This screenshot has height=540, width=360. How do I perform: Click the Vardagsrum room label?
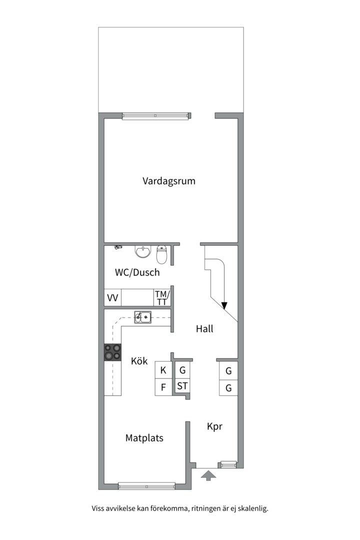(x=168, y=181)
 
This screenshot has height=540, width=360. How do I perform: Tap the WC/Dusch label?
(x=137, y=272)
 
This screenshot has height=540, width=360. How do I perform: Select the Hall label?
(x=204, y=328)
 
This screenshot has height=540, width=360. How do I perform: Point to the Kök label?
(x=139, y=361)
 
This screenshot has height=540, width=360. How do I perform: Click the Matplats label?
(x=144, y=438)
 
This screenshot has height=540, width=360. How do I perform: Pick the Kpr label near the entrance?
(x=214, y=426)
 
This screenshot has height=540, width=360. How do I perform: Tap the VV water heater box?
(x=113, y=298)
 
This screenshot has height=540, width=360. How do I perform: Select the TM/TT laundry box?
(x=161, y=297)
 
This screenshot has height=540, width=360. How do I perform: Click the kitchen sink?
(x=143, y=317)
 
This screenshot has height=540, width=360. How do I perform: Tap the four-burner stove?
(x=112, y=352)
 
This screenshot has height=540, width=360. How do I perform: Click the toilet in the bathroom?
(x=161, y=254)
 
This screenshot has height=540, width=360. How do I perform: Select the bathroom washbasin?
(x=143, y=251)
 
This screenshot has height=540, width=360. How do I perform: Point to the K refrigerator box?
(x=163, y=370)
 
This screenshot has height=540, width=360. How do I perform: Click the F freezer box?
(x=163, y=387)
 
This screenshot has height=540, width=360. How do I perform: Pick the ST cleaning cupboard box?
(x=182, y=386)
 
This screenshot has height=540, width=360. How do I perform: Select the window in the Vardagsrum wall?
(x=156, y=116)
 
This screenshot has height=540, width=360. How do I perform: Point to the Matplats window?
(x=146, y=485)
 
